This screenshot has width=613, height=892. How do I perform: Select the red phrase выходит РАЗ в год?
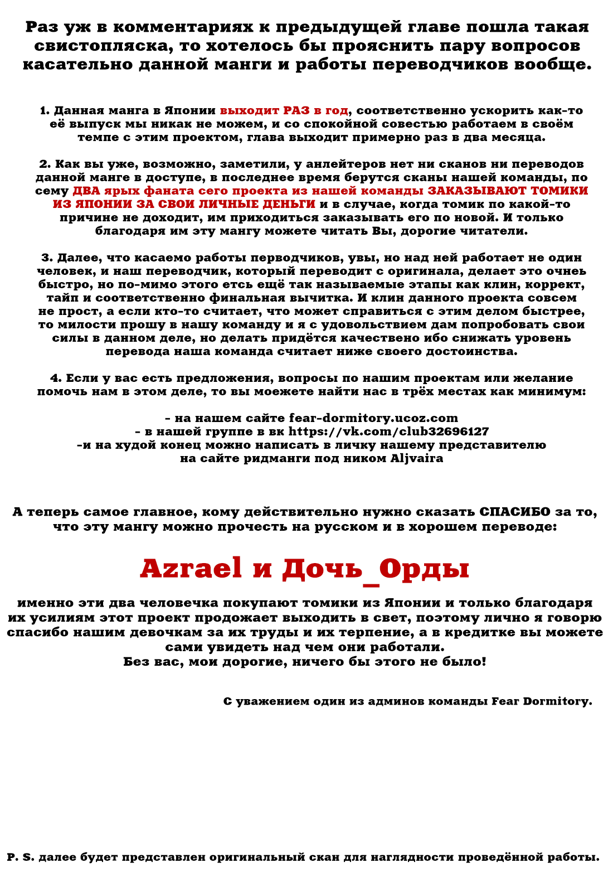[x=284, y=110]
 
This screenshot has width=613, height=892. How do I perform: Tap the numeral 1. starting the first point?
[x=45, y=110]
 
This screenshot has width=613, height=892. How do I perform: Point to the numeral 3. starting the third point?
[x=47, y=258]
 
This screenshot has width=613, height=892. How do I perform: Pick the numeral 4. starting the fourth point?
[x=56, y=378]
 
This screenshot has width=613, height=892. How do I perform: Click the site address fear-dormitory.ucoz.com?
[x=373, y=418]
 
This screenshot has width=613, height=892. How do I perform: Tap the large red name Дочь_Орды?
[x=376, y=569]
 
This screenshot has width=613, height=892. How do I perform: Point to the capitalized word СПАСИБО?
[x=514, y=512]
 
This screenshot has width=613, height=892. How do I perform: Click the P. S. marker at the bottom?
[x=21, y=857]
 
